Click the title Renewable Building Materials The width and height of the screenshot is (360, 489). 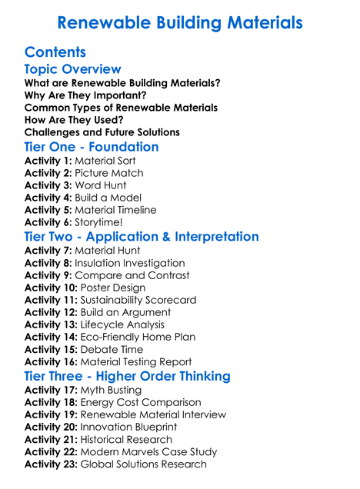coord(180,23)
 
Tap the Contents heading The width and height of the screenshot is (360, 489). coord(55,52)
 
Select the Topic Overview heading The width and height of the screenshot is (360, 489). coord(72,70)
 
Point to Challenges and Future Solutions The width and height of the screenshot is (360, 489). coord(102,132)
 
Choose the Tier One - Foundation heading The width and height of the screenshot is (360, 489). coord(92,147)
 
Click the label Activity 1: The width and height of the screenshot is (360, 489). coord(48,161)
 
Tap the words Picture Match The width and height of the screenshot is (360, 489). coord(109,173)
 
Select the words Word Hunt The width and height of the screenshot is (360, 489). coord(101,185)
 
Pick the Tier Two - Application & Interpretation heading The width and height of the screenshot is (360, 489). coord(142,236)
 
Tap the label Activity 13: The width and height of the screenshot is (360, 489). coord(52,324)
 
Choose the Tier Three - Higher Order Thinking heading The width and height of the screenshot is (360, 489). coord(127,376)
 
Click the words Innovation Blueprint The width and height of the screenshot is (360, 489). coord(129,427)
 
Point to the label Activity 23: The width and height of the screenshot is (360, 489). coord(52,464)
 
